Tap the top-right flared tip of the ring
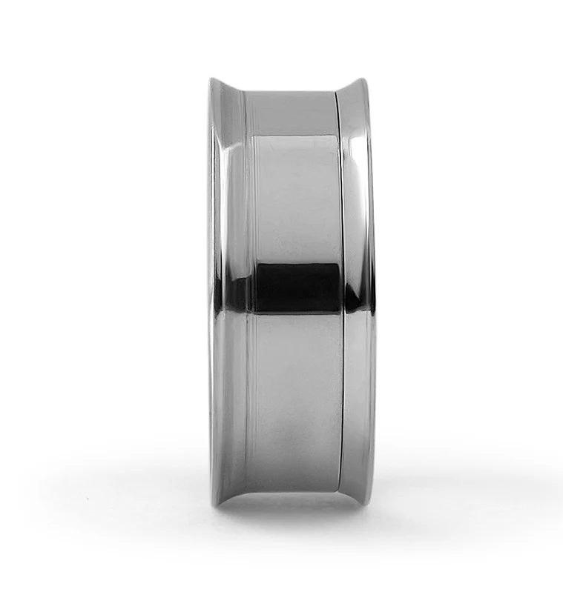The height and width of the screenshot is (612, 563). (365, 78)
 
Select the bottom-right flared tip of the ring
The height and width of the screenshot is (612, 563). (365, 503)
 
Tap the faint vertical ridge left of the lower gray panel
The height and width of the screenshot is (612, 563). (248, 400)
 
